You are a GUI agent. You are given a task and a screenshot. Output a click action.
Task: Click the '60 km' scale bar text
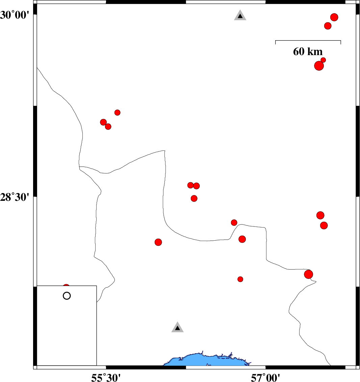(308, 52)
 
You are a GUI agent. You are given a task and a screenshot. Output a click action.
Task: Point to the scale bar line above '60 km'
(308, 41)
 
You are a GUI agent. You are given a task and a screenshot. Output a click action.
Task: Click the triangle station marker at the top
(240, 16)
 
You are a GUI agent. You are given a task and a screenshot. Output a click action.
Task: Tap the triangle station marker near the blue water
(178, 328)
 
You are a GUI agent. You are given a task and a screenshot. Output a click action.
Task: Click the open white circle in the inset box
(67, 296)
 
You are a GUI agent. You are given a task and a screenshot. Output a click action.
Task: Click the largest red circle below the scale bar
(319, 66)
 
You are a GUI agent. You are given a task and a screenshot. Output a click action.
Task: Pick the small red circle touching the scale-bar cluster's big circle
(323, 60)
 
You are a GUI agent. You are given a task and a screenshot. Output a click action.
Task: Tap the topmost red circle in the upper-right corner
(334, 17)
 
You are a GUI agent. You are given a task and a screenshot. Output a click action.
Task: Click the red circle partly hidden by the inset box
(66, 286)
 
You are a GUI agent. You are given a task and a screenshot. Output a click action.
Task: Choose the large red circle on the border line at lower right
(308, 274)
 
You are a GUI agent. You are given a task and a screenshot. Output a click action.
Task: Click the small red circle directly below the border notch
(240, 279)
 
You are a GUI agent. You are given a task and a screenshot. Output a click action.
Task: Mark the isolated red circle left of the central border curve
(158, 242)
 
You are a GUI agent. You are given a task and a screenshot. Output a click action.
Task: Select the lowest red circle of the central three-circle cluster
(194, 198)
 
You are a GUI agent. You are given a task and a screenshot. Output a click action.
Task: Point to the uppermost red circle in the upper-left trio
(118, 113)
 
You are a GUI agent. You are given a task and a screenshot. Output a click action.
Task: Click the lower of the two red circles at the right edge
(324, 225)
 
